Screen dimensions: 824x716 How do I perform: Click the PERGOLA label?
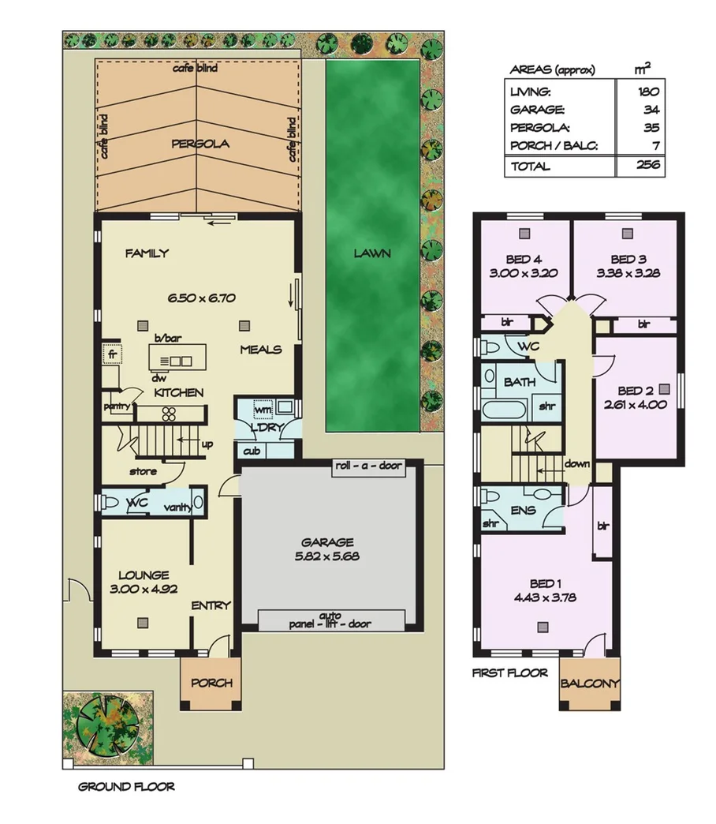tap(200, 144)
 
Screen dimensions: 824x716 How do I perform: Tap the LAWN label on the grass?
tap(372, 253)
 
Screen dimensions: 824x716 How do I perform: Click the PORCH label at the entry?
tap(211, 683)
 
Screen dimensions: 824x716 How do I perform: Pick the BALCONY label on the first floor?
tap(590, 684)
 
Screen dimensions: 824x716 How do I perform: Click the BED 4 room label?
tap(524, 259)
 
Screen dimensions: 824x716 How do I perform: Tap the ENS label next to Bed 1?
tap(523, 510)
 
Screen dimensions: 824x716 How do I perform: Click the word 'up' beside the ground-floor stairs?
tap(207, 444)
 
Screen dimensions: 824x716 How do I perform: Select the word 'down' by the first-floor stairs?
tap(577, 464)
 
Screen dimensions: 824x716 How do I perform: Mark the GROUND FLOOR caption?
tap(126, 787)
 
